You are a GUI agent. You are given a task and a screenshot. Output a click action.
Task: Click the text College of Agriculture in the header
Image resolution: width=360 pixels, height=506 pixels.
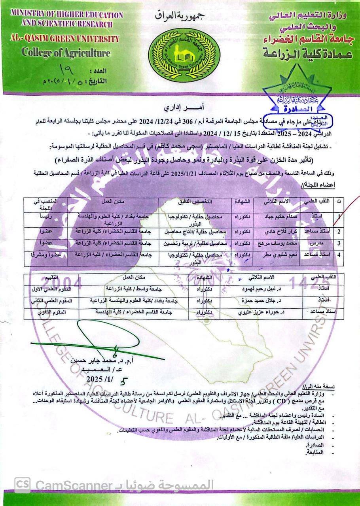[66, 52]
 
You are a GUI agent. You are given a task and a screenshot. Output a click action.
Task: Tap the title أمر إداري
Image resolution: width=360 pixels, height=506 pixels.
[179, 108]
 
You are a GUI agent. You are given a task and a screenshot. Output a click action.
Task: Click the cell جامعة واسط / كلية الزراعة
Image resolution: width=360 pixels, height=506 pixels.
[133, 289]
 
